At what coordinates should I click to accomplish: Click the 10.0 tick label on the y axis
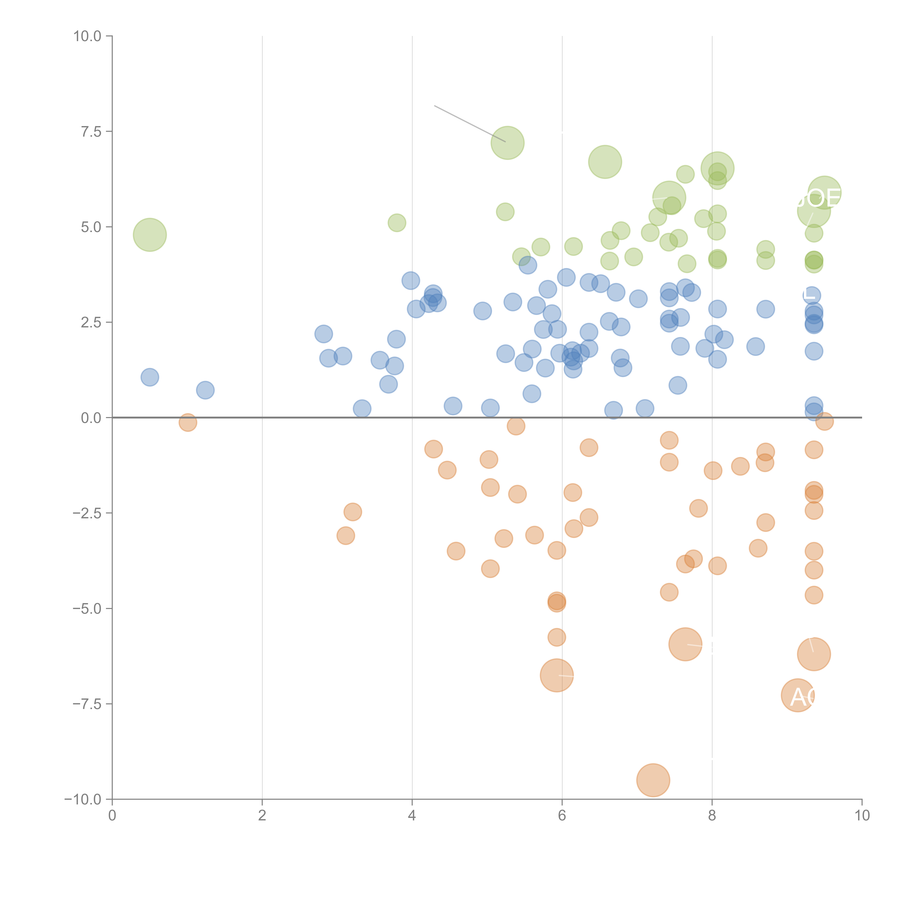pyautogui.click(x=87, y=36)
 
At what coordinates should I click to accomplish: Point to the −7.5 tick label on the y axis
pyautogui.click(x=87, y=704)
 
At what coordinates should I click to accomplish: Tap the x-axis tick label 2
pyautogui.click(x=262, y=815)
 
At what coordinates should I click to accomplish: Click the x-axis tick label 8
pyautogui.click(x=712, y=815)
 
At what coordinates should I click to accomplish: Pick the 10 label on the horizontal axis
pyautogui.click(x=862, y=815)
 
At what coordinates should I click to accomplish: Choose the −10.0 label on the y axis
pyautogui.click(x=84, y=799)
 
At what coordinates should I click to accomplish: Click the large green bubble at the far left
pyautogui.click(x=150, y=235)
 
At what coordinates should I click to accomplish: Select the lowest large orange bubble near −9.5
pyautogui.click(x=653, y=780)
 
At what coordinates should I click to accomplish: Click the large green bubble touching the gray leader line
pyautogui.click(x=508, y=143)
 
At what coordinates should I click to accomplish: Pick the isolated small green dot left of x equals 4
pyautogui.click(x=397, y=223)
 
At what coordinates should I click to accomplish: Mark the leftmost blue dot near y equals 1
pyautogui.click(x=150, y=377)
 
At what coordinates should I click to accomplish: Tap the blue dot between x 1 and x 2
pyautogui.click(x=205, y=390)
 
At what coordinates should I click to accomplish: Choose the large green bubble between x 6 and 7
pyautogui.click(x=605, y=162)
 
